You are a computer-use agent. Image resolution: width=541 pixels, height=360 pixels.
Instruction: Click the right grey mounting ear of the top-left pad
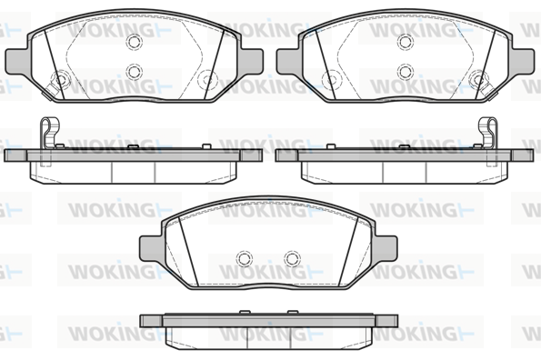point(251,61)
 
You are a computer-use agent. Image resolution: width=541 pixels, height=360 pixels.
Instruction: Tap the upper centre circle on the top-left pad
point(135,42)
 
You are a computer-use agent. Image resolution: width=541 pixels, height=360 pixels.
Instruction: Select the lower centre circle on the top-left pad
point(135,72)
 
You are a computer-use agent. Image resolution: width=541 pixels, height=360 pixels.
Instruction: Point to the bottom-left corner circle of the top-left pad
point(61,80)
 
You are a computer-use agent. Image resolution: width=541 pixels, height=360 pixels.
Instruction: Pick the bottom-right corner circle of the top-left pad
point(207,79)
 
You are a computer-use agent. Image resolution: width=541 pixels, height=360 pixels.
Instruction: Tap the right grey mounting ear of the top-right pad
point(523,61)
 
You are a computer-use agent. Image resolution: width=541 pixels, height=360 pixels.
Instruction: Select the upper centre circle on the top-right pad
point(406,42)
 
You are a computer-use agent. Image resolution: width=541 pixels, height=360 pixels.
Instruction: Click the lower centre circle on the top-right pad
point(406,72)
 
